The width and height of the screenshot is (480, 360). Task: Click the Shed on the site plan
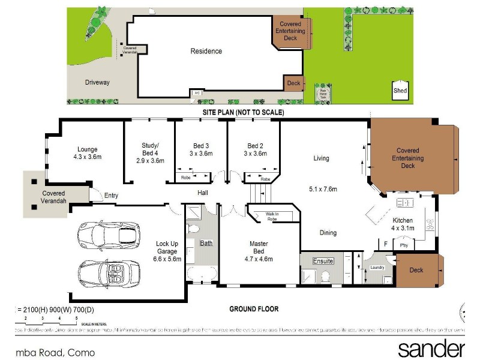pyautogui.click(x=400, y=89)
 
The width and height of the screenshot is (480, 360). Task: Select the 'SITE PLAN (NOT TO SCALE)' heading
pyautogui.click(x=243, y=112)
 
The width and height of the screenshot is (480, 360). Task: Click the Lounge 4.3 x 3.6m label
pyautogui.click(x=87, y=153)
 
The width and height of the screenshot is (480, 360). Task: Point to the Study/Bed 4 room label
pyautogui.click(x=150, y=153)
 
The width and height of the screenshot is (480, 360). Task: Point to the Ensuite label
pyautogui.click(x=322, y=262)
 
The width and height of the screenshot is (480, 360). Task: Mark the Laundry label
pyautogui.click(x=377, y=267)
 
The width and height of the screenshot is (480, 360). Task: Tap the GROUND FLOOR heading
pyautogui.click(x=254, y=309)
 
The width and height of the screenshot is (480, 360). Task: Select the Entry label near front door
pyautogui.click(x=112, y=195)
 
